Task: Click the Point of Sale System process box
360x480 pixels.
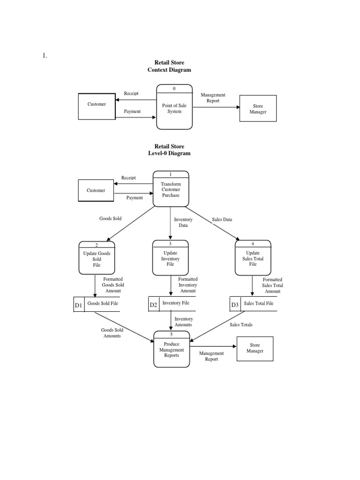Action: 174,107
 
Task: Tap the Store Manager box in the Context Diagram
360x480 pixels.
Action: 258,109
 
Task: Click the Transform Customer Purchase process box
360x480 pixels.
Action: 171,189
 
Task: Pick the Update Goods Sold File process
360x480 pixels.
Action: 97,257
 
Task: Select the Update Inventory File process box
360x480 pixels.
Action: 171,257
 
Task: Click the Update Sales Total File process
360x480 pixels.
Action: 253,257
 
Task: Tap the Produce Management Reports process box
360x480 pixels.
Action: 172,350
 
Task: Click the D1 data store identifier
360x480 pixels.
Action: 78,306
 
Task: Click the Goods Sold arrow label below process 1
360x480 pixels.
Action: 111,218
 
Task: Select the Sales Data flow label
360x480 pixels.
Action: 222,219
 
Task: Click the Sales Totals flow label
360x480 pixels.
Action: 241,324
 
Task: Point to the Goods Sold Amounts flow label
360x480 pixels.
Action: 112,333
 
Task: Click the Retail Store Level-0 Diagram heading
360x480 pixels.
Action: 169,150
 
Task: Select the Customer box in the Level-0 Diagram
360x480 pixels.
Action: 96,190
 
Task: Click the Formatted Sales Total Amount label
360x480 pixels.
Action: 272,285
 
